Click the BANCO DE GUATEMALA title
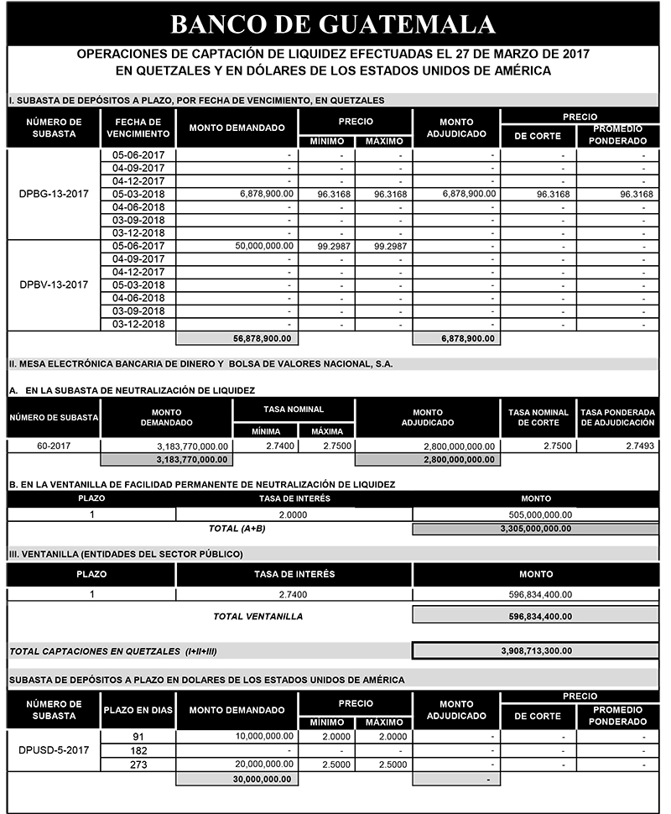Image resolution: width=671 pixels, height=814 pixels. click(x=333, y=22)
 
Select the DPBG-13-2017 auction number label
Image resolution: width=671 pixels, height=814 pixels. click(x=54, y=194)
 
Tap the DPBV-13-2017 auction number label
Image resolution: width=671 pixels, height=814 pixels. click(x=54, y=284)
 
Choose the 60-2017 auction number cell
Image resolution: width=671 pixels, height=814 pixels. click(x=54, y=446)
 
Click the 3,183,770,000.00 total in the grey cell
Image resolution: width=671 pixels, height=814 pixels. click(x=194, y=459)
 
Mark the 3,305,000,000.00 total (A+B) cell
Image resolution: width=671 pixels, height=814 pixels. click(x=535, y=529)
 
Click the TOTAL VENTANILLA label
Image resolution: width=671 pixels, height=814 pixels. click(x=258, y=616)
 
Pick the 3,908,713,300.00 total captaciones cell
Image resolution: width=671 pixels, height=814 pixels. click(x=535, y=650)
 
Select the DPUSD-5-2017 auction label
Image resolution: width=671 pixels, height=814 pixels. click(x=54, y=750)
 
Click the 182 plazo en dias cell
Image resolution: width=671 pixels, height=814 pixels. click(x=138, y=750)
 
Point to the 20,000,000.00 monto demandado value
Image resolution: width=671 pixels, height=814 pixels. click(x=266, y=764)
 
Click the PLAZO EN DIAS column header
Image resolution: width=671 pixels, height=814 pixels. click(x=138, y=710)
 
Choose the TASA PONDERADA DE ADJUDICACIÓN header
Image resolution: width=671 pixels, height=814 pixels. click(x=617, y=418)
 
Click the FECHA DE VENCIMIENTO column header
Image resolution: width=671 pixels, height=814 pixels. click(x=138, y=128)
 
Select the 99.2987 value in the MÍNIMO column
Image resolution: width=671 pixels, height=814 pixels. click(x=327, y=246)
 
